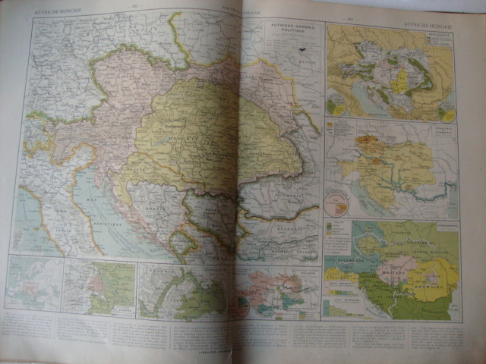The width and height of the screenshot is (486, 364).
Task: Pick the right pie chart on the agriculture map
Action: pos(447,112)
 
